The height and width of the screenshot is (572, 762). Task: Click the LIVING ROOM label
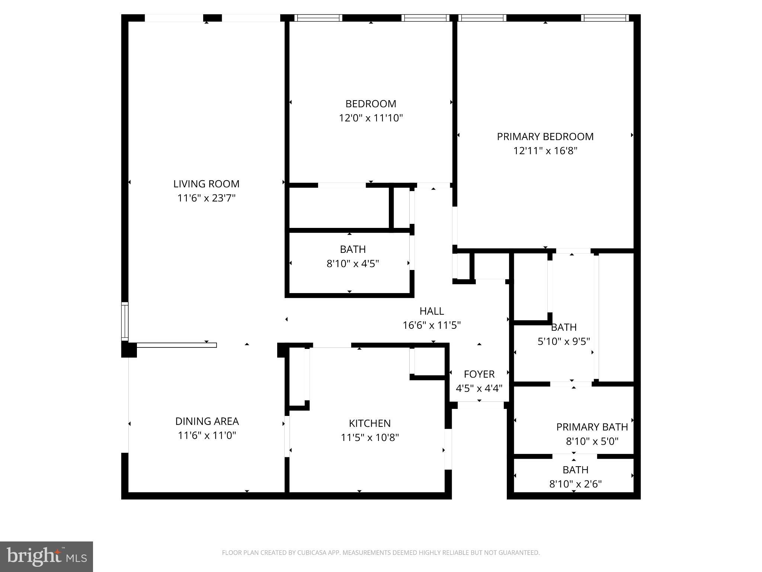pyautogui.click(x=206, y=184)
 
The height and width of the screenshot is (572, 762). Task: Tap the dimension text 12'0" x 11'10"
pyautogui.click(x=371, y=118)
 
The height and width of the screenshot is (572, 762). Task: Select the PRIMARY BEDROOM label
pyautogui.click(x=545, y=137)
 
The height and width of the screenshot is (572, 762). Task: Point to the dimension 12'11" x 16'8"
pyautogui.click(x=545, y=151)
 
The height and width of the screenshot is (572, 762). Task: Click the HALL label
pyautogui.click(x=432, y=311)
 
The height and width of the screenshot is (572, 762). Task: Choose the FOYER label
pyautogui.click(x=479, y=374)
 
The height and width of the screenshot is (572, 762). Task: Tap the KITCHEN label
pyautogui.click(x=369, y=423)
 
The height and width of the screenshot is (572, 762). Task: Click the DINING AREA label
pyautogui.click(x=207, y=421)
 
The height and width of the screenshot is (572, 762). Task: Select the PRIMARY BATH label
pyautogui.click(x=592, y=427)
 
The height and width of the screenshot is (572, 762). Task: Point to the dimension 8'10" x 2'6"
pyautogui.click(x=575, y=484)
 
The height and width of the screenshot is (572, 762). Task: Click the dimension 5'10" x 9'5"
pyautogui.click(x=564, y=341)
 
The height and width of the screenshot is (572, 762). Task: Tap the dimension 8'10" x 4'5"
pyautogui.click(x=352, y=264)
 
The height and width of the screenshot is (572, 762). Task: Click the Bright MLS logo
pyautogui.click(x=47, y=556)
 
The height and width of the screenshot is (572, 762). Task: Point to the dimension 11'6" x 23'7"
pyautogui.click(x=206, y=198)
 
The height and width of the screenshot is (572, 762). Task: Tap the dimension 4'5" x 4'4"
pyautogui.click(x=479, y=388)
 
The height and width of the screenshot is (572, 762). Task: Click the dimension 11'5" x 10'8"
pyautogui.click(x=369, y=437)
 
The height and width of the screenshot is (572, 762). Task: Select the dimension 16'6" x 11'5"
pyautogui.click(x=432, y=325)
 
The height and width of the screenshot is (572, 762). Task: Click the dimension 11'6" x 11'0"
pyautogui.click(x=207, y=435)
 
